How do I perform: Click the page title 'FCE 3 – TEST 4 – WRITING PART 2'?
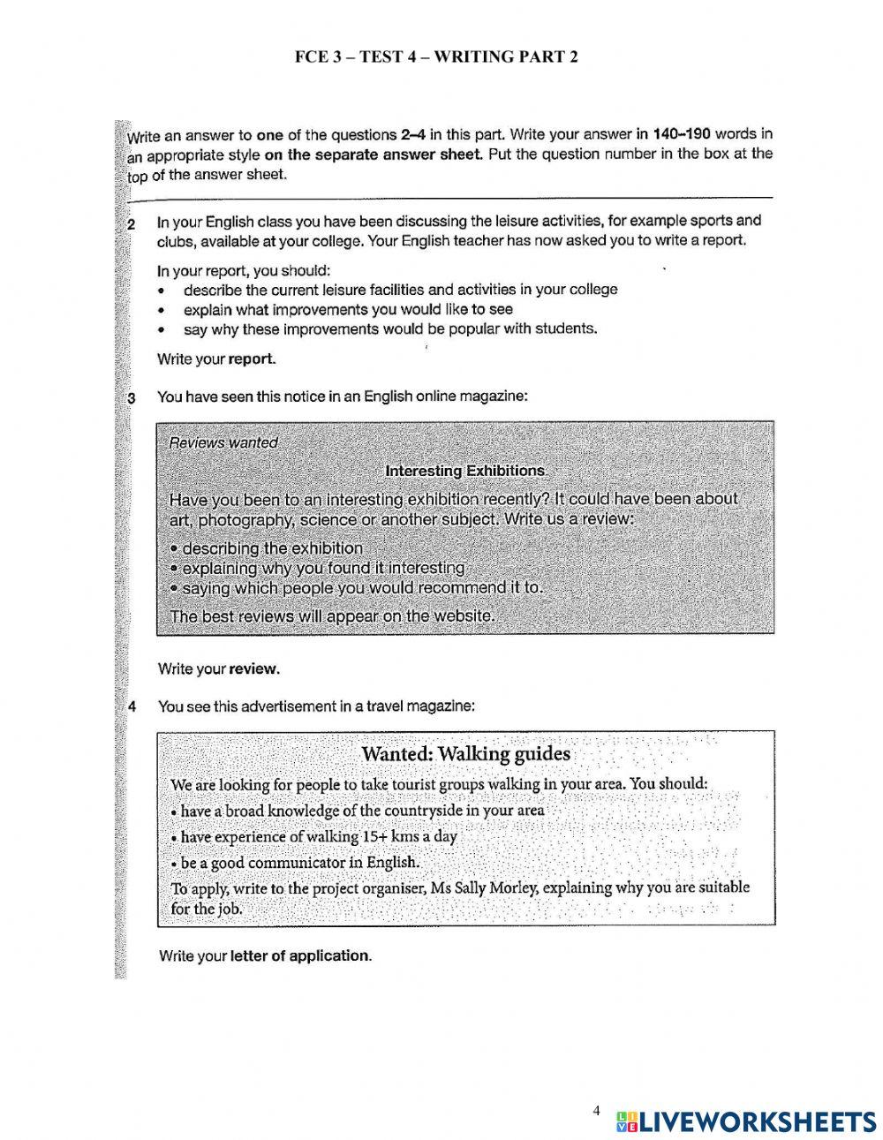click(437, 57)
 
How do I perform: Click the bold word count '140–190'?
click(682, 134)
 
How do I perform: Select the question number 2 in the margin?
click(131, 224)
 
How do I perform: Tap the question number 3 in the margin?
click(132, 398)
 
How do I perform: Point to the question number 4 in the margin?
click(132, 706)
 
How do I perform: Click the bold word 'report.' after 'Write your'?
click(253, 359)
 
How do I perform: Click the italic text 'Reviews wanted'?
click(223, 443)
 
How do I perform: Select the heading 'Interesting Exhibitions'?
click(466, 471)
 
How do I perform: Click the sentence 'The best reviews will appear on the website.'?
click(332, 615)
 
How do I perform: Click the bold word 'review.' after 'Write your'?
click(254, 668)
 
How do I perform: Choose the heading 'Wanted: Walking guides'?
click(465, 754)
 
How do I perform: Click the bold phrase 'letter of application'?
click(299, 955)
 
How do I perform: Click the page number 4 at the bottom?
click(596, 1110)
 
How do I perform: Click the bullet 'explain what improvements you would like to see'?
click(348, 309)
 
